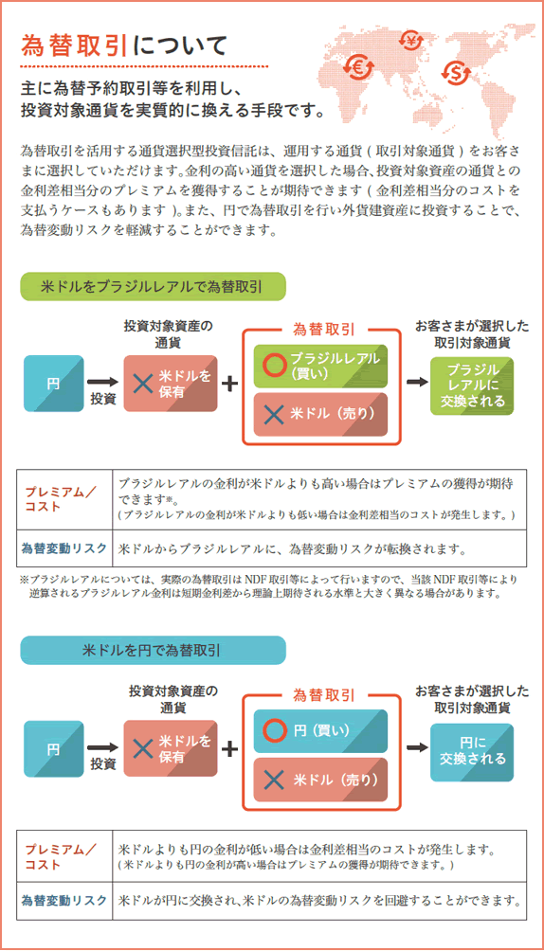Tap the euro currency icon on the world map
[x=355, y=68]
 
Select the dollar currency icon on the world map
[x=456, y=74]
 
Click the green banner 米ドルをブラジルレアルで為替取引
[x=153, y=286]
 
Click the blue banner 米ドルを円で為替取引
[x=153, y=650]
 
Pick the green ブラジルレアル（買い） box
[x=320, y=367]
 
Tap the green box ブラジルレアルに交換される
[x=472, y=386]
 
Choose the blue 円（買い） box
[x=320, y=731]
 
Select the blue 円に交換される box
[x=472, y=753]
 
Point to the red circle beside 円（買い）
[x=275, y=730]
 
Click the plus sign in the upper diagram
[x=229, y=384]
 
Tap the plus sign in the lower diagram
[x=229, y=749]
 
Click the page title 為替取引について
[x=124, y=45]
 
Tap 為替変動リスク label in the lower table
[x=64, y=900]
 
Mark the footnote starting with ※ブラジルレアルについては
[x=269, y=586]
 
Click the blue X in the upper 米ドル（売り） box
[x=274, y=414]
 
